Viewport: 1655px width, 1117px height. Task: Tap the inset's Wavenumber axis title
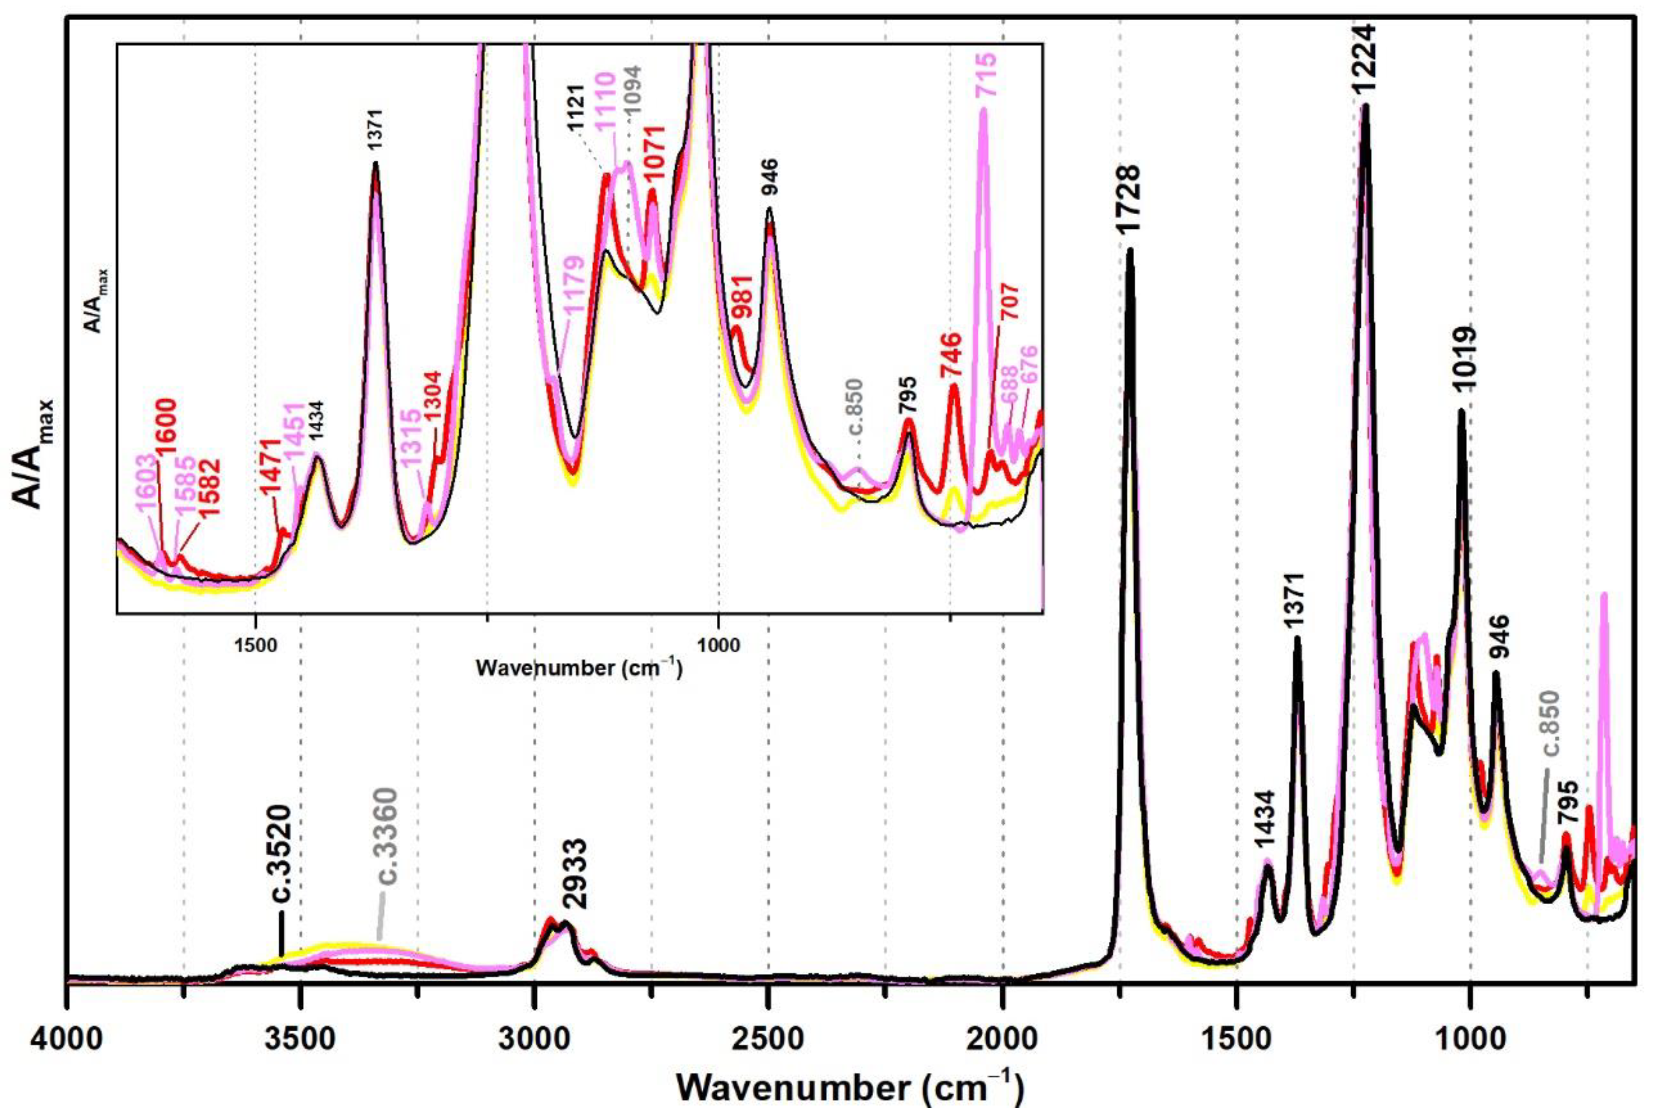(x=577, y=668)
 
